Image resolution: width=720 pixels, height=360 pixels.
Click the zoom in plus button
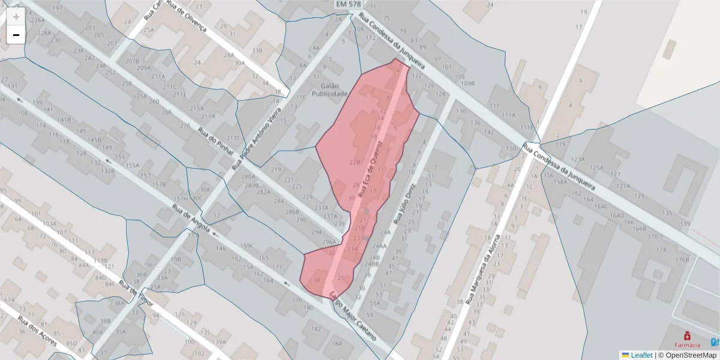tap(16, 17)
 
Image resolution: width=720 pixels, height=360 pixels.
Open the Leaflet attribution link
tap(640, 355)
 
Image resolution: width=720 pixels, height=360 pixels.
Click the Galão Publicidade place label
tap(330, 90)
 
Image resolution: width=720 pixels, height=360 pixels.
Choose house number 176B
tap(682, 260)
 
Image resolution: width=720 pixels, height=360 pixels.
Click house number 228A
tap(44, 33)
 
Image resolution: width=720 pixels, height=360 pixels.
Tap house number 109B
tap(469, 83)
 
